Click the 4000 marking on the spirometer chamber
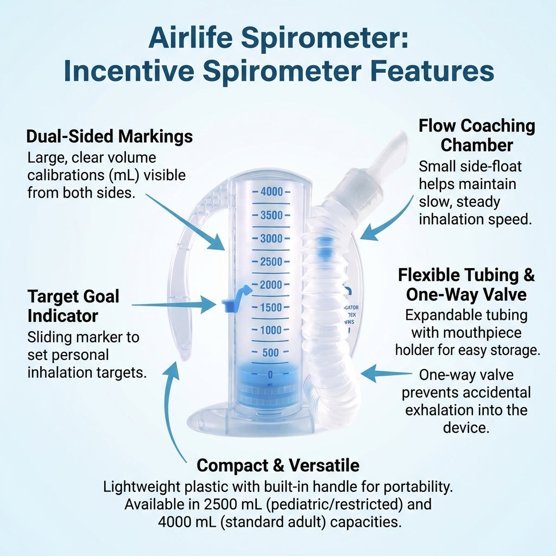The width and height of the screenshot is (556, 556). (272, 192)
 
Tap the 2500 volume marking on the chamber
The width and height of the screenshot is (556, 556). (272, 262)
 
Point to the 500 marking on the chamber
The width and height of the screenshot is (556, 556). (270, 353)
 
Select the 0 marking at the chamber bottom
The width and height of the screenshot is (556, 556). (270, 375)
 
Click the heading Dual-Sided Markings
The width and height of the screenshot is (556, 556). (109, 136)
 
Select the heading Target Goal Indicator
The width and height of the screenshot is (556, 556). (73, 306)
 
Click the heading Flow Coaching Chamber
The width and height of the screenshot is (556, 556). (477, 135)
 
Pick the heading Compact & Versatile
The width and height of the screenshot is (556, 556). (278, 465)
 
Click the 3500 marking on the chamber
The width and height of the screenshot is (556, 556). (272, 215)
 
